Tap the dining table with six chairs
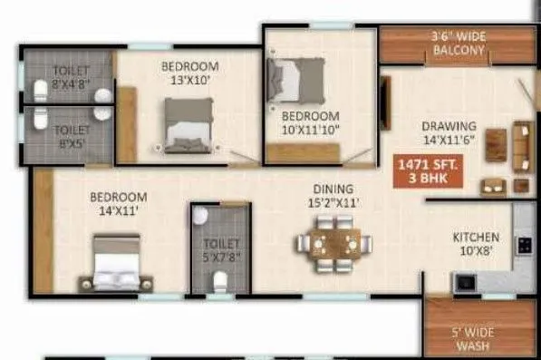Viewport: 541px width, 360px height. pos(331,247)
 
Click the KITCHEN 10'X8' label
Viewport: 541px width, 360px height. pos(476,245)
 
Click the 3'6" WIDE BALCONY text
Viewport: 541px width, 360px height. pos(459,44)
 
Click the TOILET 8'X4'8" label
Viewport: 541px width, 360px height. pos(71,77)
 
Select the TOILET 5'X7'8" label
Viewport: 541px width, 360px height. pos(222,250)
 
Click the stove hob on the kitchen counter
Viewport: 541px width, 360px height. pos(523,245)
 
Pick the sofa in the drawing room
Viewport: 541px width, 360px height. pos(521,141)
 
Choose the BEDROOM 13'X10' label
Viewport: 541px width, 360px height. pos(189,73)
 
